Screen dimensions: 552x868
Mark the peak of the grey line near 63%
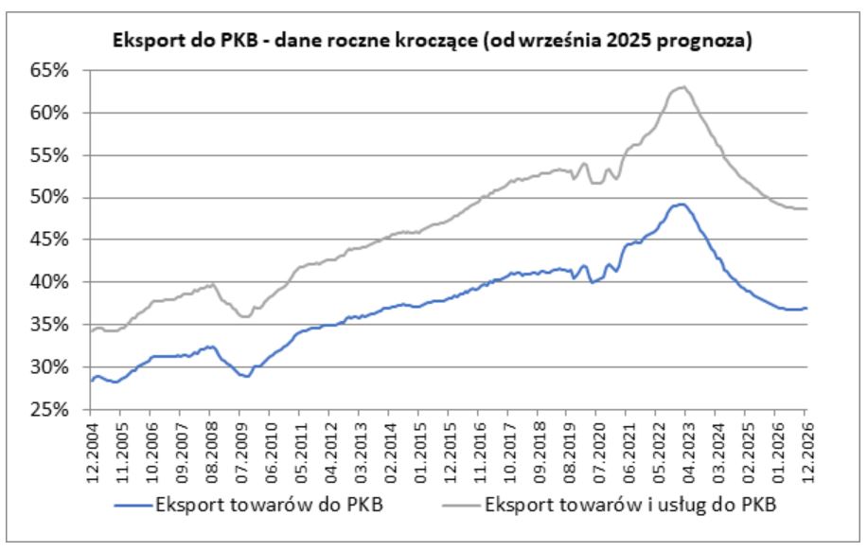[x=680, y=87]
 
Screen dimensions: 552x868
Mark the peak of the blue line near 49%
[x=679, y=205]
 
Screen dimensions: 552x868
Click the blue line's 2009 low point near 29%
[x=246, y=377]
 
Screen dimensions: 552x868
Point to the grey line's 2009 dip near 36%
[x=246, y=316]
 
